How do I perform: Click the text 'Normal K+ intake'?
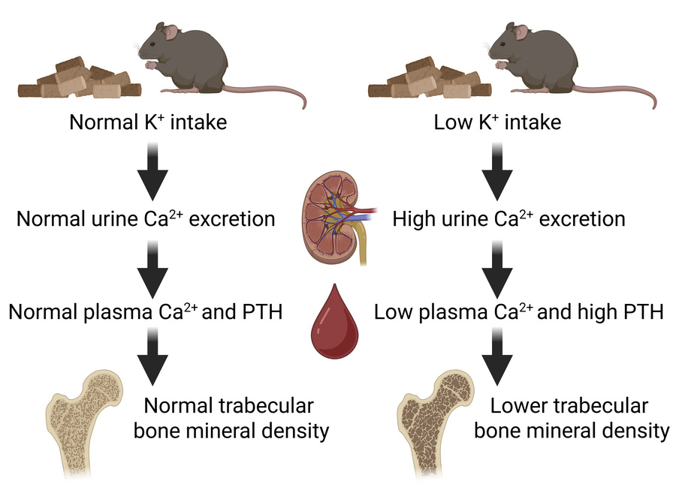pyautogui.click(x=147, y=122)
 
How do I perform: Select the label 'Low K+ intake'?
pyautogui.click(x=497, y=122)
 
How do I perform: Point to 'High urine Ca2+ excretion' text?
pyautogui.click(x=509, y=220)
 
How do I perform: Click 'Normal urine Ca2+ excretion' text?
pyautogui.click(x=146, y=220)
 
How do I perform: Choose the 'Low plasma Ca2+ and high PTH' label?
pyautogui.click(x=518, y=311)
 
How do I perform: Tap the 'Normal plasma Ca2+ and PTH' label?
pyautogui.click(x=146, y=311)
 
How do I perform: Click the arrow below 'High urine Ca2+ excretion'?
pyautogui.click(x=498, y=268)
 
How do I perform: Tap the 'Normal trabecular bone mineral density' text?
pyautogui.click(x=228, y=419)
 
